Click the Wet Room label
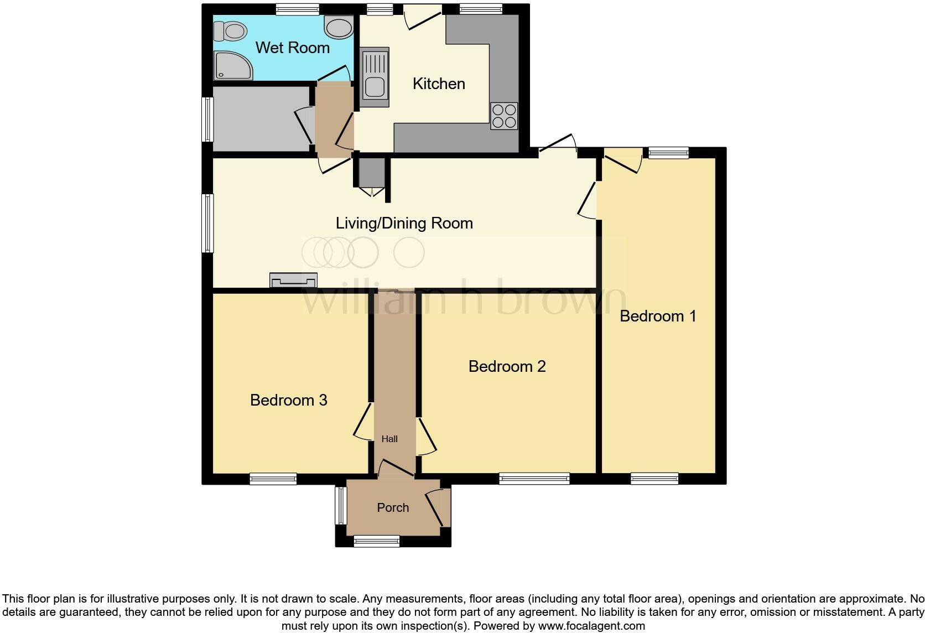292,48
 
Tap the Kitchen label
439,84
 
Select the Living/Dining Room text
404,223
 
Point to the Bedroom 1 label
658,316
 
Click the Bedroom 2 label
507,366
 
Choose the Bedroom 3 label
288,400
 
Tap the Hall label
389,439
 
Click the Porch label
393,507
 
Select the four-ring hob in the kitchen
504,116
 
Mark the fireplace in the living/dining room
293,280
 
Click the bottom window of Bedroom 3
273,479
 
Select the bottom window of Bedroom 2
534,479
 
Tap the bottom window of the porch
376,541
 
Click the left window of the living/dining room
207,222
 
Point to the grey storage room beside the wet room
260,118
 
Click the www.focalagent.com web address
591,626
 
